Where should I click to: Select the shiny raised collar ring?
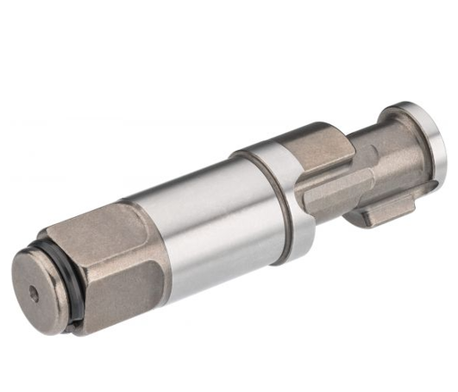click(286, 192)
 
